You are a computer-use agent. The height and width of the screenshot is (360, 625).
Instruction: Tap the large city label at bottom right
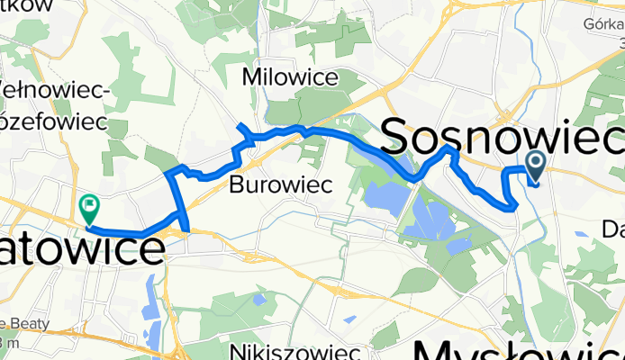click(518, 349)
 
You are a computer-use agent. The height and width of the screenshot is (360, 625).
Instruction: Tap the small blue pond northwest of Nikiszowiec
click(259, 298)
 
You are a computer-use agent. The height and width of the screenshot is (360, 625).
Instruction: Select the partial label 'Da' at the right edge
click(611, 229)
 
